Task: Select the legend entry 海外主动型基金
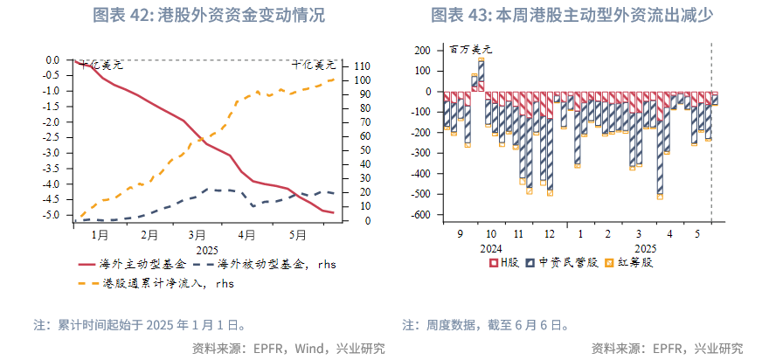point(142,263)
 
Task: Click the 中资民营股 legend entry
point(567,261)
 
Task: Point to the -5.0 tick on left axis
point(52,215)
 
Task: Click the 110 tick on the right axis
point(361,66)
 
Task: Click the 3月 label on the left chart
point(197,234)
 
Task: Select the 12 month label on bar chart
point(549,234)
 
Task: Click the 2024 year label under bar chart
point(491,247)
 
